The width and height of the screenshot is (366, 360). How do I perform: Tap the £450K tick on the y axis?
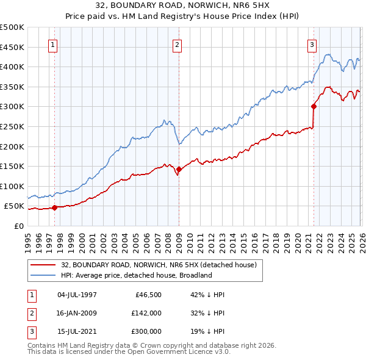click(12, 47)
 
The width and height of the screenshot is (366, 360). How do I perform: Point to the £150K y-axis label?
click(12, 166)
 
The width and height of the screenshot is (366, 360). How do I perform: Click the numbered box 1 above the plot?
click(53, 45)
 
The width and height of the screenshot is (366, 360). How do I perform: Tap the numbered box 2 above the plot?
click(177, 45)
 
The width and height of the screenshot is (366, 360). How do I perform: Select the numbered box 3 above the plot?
click(312, 45)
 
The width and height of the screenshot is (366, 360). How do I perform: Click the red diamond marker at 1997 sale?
click(54, 207)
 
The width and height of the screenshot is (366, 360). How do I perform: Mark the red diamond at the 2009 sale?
click(179, 170)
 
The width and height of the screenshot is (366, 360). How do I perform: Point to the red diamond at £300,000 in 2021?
click(314, 106)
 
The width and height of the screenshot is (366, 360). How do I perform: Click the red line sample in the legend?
click(43, 265)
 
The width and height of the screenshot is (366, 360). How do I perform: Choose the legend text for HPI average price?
click(136, 275)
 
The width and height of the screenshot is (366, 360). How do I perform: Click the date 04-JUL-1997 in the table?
click(77, 295)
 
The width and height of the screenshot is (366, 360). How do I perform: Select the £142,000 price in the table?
click(146, 313)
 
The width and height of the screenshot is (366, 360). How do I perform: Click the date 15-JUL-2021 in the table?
click(77, 331)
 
